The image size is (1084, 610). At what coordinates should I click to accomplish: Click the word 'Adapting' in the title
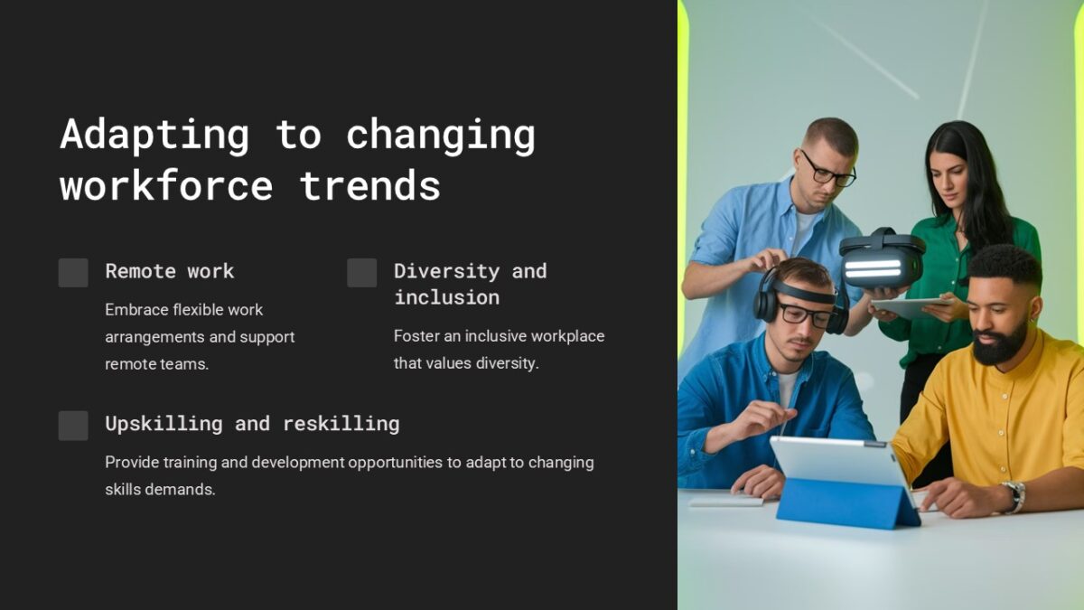(x=154, y=136)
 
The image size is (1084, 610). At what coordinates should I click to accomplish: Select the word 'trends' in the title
(x=369, y=186)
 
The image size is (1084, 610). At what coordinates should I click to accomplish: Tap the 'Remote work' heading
(x=169, y=271)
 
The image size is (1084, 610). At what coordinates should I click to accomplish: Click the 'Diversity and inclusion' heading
(x=470, y=284)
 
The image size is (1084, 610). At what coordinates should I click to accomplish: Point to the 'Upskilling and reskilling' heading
(x=252, y=424)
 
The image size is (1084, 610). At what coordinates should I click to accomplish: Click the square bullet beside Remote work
(x=73, y=273)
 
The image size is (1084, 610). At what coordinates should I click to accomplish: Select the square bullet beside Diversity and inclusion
(x=361, y=273)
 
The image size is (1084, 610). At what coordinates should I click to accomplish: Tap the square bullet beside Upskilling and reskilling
(x=73, y=426)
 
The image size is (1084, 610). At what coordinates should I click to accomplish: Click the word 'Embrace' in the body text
(x=137, y=310)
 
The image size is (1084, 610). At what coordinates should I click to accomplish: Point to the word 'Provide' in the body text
(x=131, y=463)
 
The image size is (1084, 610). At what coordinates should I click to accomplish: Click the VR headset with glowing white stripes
(x=882, y=261)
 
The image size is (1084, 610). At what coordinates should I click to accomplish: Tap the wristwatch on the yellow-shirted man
(x=1014, y=496)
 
